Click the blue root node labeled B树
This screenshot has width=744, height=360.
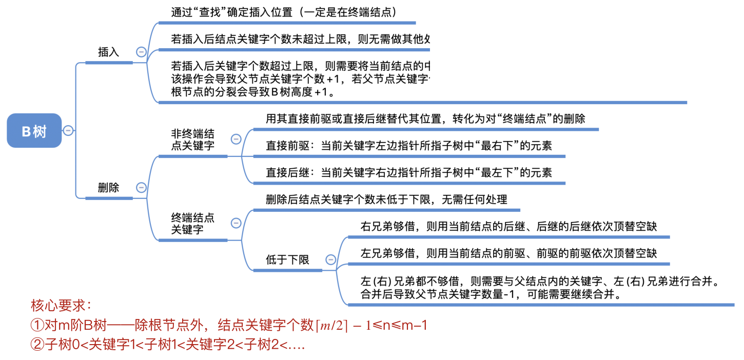point(34,131)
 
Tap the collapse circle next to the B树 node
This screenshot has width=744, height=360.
point(68,131)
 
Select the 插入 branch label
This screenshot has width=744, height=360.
point(108,52)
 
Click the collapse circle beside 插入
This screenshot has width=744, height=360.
point(141,52)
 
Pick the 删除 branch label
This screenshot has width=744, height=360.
point(108,188)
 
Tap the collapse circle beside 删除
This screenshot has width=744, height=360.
point(141,188)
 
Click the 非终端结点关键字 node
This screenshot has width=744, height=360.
point(192,140)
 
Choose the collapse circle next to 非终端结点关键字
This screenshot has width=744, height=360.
point(236,139)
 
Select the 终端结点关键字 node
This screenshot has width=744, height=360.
point(192,223)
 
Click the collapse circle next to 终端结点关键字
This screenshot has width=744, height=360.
point(236,223)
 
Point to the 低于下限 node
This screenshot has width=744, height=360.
point(287,260)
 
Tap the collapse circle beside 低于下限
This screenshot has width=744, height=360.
point(331,260)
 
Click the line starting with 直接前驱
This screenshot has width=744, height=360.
point(408,146)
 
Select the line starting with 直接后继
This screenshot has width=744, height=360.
point(408,173)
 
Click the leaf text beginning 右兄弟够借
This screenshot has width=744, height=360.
point(508,226)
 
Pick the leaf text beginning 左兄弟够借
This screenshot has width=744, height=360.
point(508,253)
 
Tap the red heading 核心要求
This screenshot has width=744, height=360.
point(61,306)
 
